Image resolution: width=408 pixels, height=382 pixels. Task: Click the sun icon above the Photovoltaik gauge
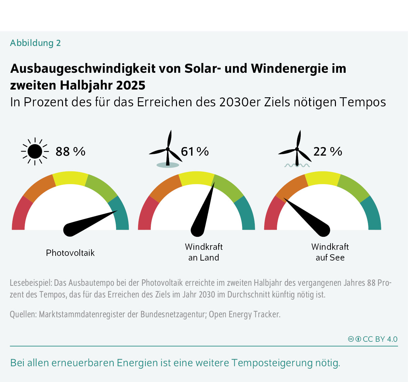coord(35,152)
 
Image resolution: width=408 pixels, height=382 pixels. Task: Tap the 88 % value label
coord(70,152)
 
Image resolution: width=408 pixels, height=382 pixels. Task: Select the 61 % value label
coord(195,152)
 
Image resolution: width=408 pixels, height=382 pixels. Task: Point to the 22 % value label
coord(328,152)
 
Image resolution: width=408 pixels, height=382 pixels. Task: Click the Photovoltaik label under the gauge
coord(70,253)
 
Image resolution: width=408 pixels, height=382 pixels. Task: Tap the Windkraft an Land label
coord(204,252)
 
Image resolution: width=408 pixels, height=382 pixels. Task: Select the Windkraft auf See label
coord(330,252)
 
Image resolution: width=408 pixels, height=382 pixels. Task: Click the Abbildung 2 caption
coord(36,43)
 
